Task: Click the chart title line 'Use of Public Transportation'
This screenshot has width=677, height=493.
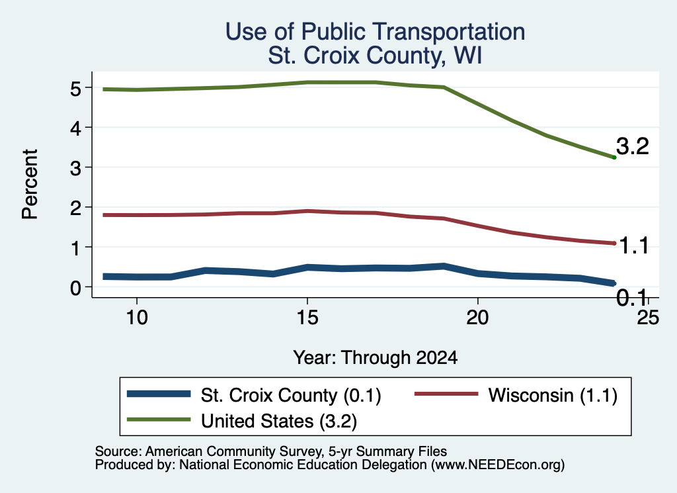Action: click(x=375, y=32)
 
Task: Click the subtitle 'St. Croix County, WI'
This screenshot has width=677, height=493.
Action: click(x=375, y=56)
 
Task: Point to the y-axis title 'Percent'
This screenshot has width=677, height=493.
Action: click(x=30, y=185)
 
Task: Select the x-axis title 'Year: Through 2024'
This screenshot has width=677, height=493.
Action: click(x=376, y=358)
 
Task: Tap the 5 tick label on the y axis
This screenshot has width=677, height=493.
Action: click(x=75, y=89)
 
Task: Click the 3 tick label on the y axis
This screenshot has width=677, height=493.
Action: click(x=75, y=167)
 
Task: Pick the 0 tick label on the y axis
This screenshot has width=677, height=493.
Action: click(x=75, y=287)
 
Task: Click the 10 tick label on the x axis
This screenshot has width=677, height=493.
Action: click(x=137, y=318)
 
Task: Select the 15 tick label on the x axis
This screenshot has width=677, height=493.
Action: click(x=307, y=318)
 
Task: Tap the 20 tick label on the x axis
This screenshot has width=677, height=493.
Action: click(x=477, y=318)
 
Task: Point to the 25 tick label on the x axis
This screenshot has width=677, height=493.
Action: click(x=648, y=318)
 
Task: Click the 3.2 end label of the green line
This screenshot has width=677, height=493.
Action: click(x=633, y=146)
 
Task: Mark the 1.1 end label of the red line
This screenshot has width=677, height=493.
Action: click(x=634, y=246)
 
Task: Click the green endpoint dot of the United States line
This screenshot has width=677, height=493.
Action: click(x=614, y=157)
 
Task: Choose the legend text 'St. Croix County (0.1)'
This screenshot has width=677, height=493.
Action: click(x=291, y=395)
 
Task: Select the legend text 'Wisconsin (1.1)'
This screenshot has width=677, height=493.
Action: click(x=553, y=395)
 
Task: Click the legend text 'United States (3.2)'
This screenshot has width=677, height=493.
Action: click(x=279, y=422)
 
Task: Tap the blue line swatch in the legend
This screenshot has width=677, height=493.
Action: click(x=159, y=394)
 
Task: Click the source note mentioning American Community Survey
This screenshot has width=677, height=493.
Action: click(x=270, y=451)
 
